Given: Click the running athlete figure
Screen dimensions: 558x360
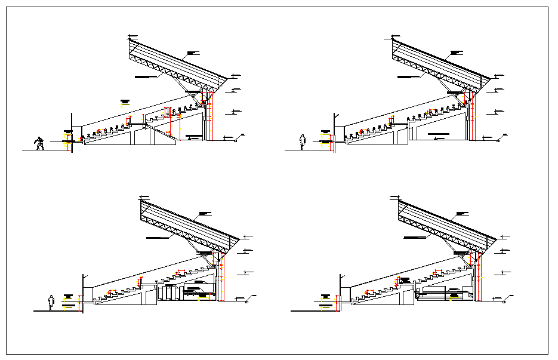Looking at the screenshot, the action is pyautogui.click(x=39, y=143).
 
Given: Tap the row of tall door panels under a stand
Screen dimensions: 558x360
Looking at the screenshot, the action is pyautogui.click(x=171, y=293).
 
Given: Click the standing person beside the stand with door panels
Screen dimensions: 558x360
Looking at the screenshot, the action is pyautogui.click(x=52, y=302).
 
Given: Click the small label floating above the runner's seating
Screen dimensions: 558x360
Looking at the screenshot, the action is pyautogui.click(x=125, y=101).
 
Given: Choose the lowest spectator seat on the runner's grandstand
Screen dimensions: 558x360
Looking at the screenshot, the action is pyautogui.click(x=83, y=137).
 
